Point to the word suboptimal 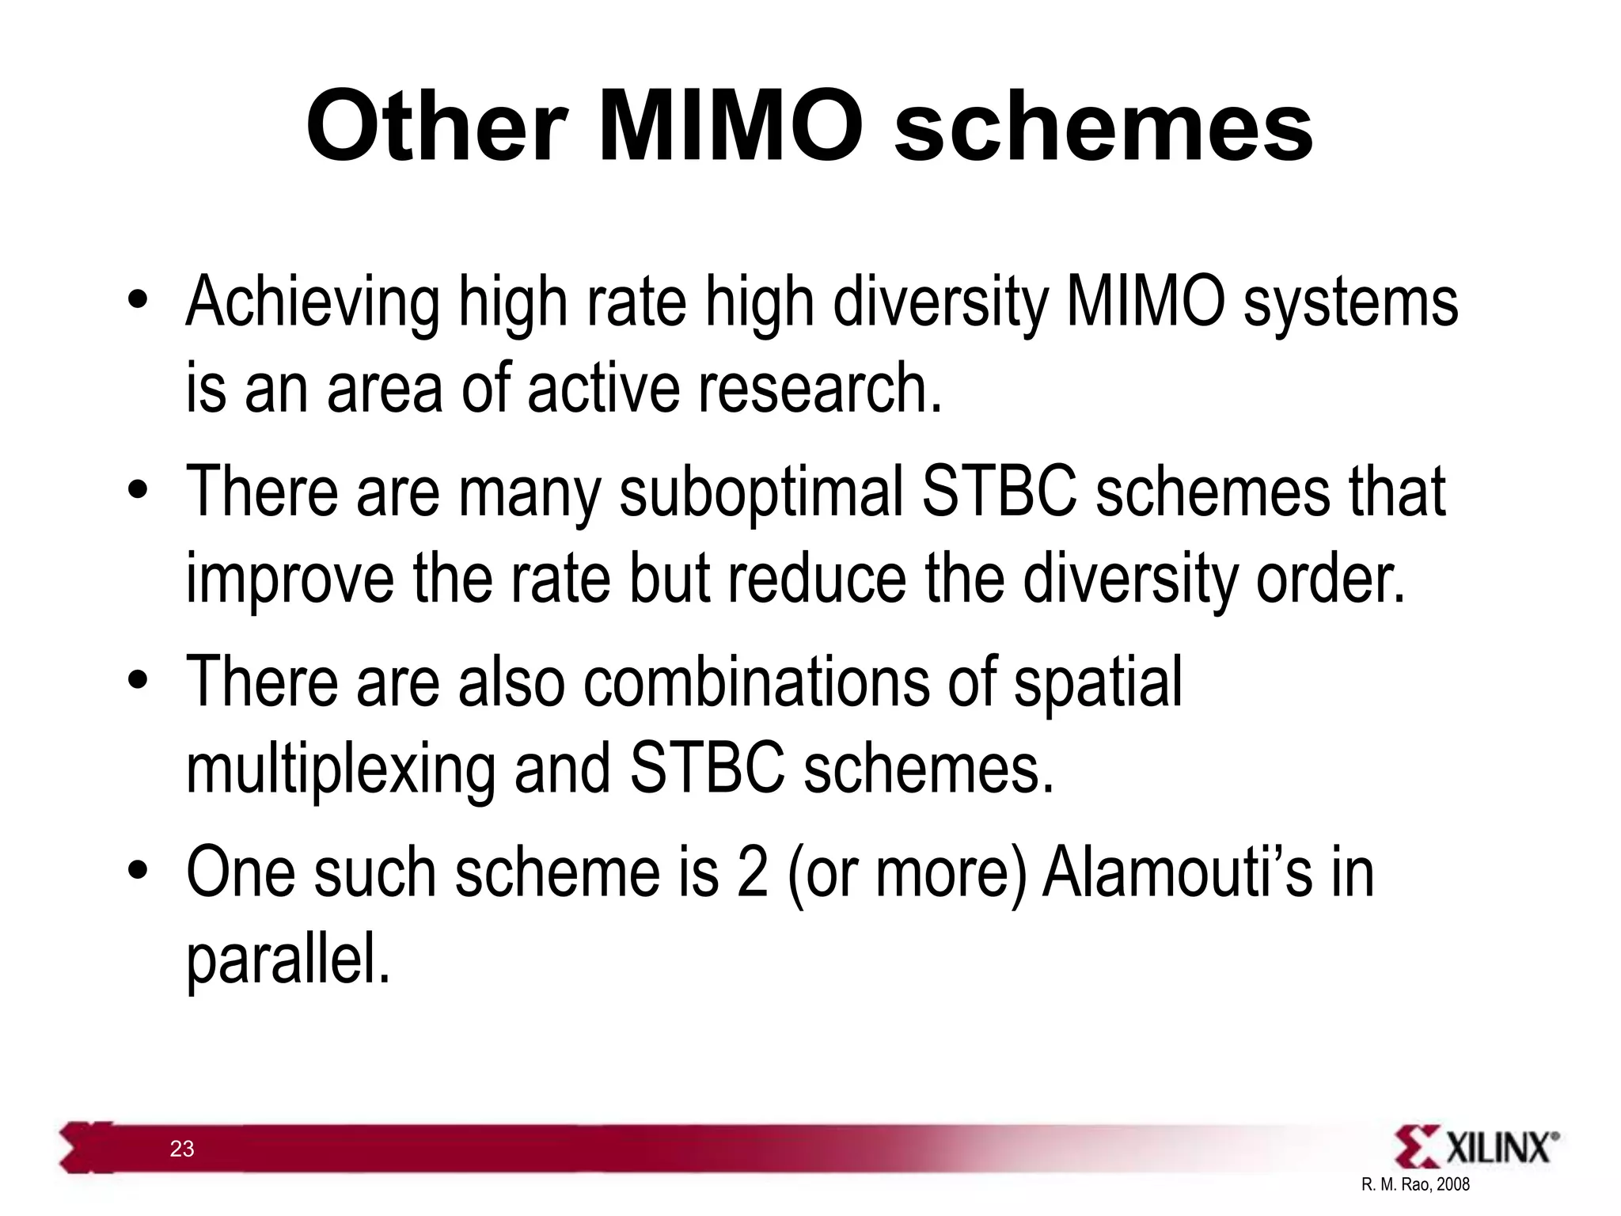(761, 492)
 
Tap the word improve (289, 580)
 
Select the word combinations (756, 682)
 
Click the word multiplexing (340, 769)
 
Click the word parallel (288, 960)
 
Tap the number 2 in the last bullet (752, 873)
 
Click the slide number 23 (182, 1149)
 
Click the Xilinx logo (1476, 1147)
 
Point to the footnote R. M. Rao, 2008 (1415, 1184)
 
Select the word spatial (1098, 682)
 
